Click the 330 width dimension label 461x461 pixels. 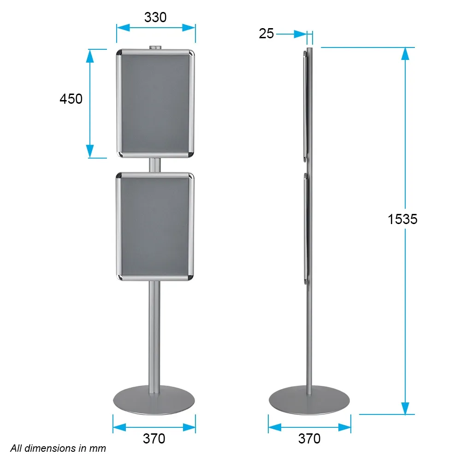[x=155, y=18]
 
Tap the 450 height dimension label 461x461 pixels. [x=71, y=99]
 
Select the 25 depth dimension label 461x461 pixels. [x=266, y=34]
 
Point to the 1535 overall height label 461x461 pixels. [x=402, y=219]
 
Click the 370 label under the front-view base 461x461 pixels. [x=154, y=439]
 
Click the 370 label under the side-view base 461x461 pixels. [x=309, y=439]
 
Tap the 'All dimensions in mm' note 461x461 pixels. [x=58, y=449]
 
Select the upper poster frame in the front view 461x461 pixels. [x=155, y=103]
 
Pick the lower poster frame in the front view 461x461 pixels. [x=155, y=227]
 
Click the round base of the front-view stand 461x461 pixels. [x=154, y=401]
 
